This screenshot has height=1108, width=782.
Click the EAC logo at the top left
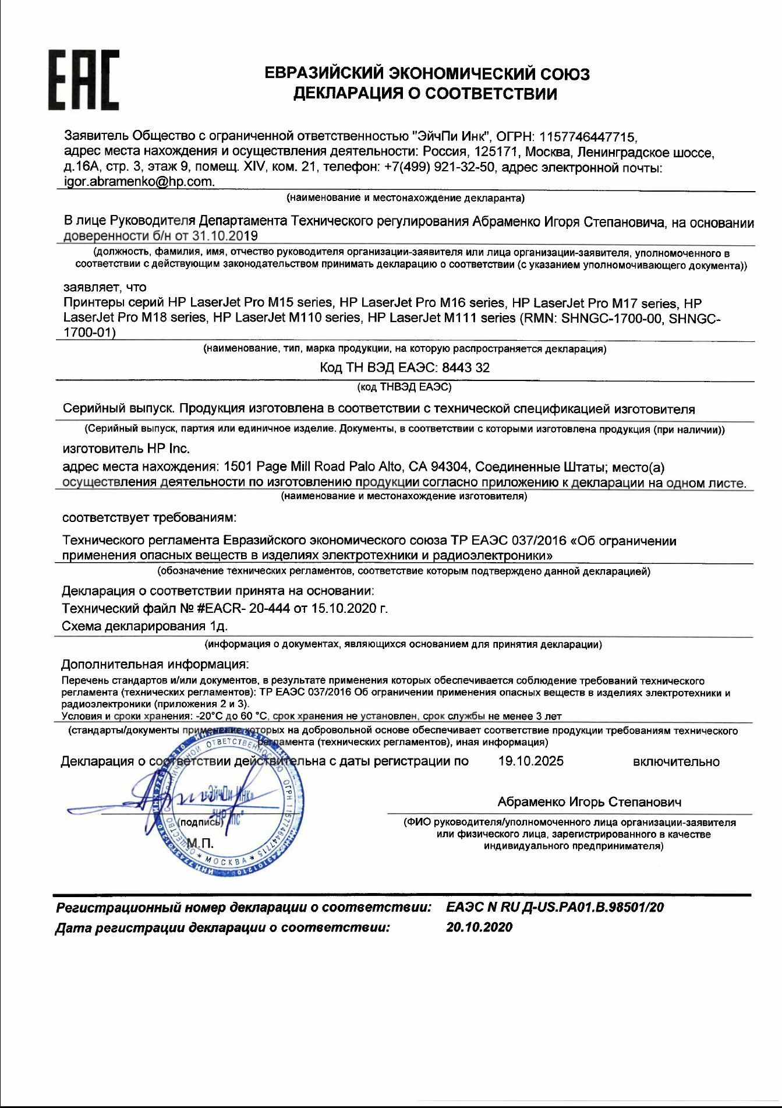[x=83, y=80]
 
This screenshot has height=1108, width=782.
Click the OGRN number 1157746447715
[x=589, y=137]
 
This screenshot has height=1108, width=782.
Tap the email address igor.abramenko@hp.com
[x=139, y=182]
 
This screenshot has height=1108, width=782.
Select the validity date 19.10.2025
[x=530, y=761]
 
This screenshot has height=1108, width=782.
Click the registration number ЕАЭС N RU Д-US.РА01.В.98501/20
[x=555, y=908]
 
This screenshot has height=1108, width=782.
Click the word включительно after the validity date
[x=676, y=762]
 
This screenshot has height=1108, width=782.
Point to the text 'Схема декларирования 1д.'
[x=144, y=626]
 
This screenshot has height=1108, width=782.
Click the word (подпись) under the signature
[x=201, y=823]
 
